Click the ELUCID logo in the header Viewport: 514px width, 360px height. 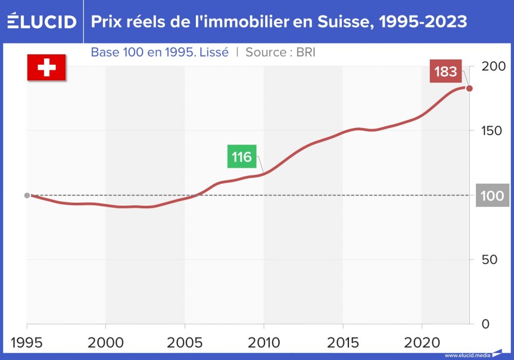pyautogui.click(x=42, y=22)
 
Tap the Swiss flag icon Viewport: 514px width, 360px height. pyautogui.click(x=46, y=67)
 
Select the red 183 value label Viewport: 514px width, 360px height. pyautogui.click(x=445, y=71)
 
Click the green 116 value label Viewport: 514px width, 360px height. pyautogui.click(x=242, y=156)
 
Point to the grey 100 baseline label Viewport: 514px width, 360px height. pyautogui.click(x=492, y=195)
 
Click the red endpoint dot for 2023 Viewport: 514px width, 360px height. pyautogui.click(x=469, y=88)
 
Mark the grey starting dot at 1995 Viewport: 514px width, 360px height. pyautogui.click(x=27, y=195)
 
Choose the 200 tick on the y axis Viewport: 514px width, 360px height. pyautogui.click(x=492, y=66)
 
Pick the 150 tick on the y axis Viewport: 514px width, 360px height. pyautogui.click(x=492, y=131)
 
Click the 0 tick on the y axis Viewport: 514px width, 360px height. pyautogui.click(x=485, y=324)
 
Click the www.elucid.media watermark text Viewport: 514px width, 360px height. pyautogui.click(x=467, y=355)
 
